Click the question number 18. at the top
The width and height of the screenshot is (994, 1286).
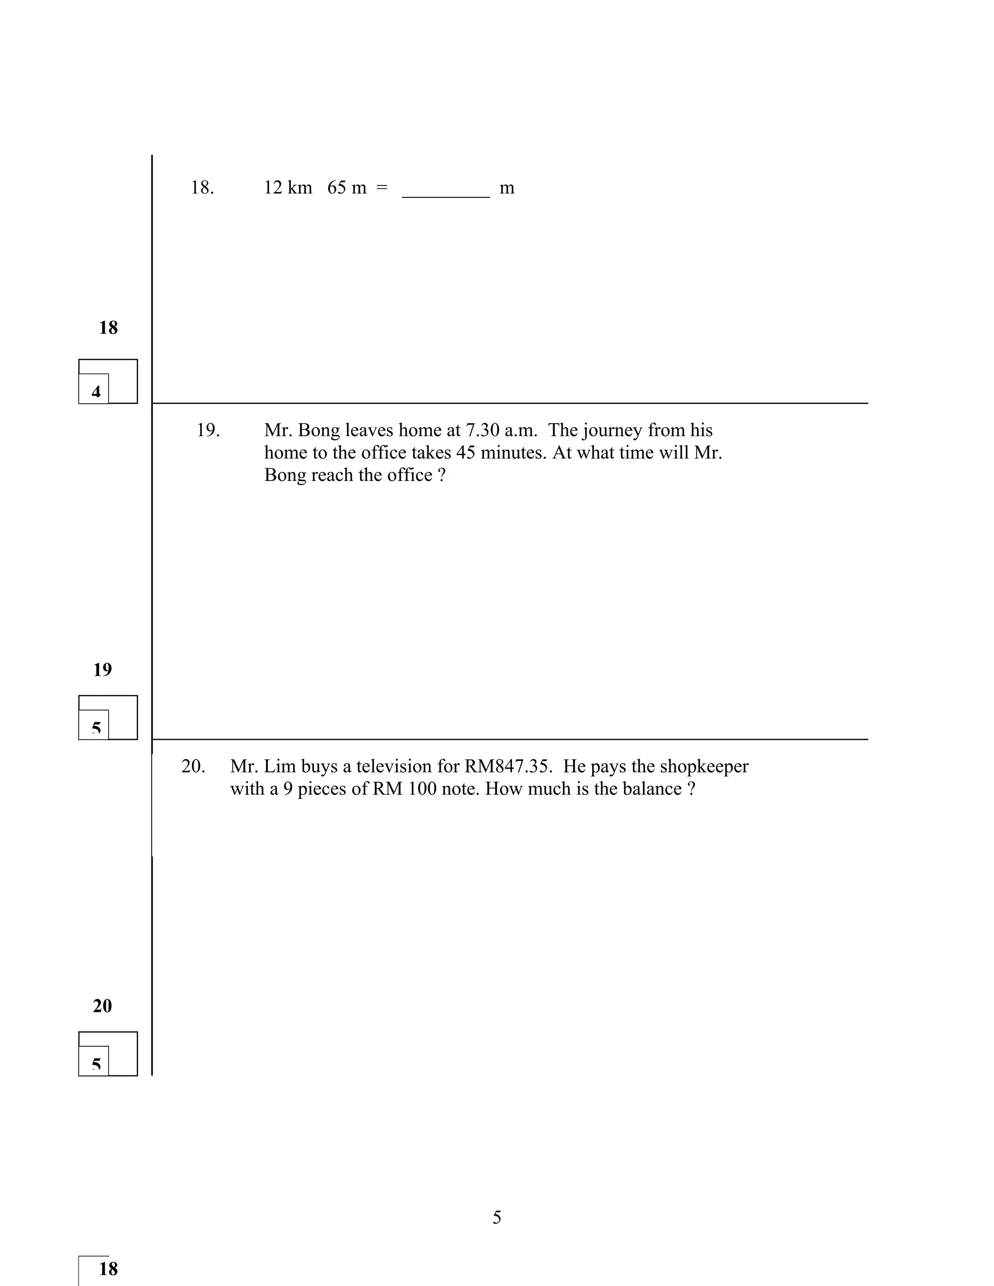coord(202,188)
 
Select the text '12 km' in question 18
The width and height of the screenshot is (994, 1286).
coord(288,188)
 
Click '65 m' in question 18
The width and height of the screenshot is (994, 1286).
coord(347,188)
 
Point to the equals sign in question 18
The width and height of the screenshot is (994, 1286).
coord(382,188)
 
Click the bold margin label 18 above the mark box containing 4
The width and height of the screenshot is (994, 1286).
coord(108,328)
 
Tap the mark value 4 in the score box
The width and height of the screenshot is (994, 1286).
coord(96,392)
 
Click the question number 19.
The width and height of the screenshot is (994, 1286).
coord(208,430)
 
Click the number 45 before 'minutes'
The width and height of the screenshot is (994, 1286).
coord(466,453)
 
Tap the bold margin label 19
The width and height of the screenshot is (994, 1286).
coord(102,670)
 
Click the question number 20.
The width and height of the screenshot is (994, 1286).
coord(193,767)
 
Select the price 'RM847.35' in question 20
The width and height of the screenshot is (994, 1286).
coord(508,767)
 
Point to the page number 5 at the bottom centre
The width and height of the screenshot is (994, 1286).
coord(497,1217)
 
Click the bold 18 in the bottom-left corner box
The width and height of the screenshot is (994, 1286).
coord(108,1269)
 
